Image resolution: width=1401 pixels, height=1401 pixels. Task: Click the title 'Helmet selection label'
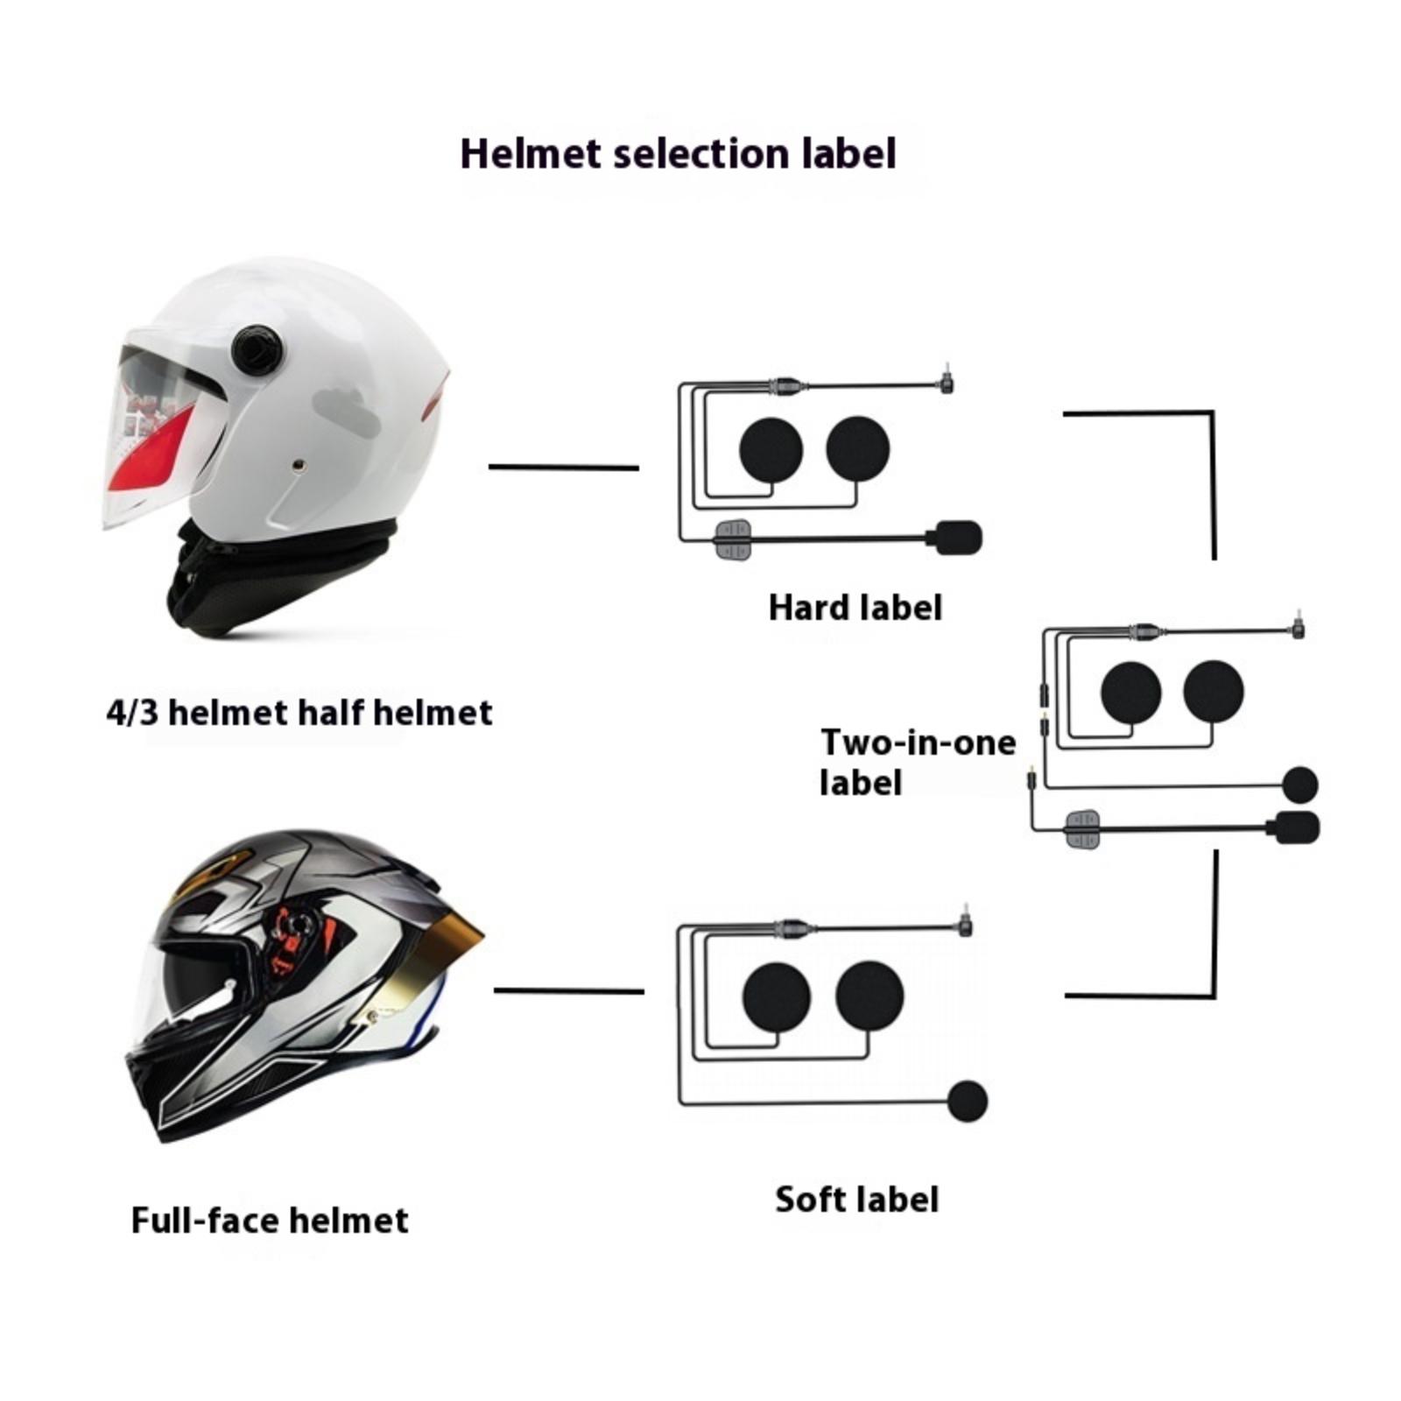coord(678,154)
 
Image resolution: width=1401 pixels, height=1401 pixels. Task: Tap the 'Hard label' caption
coord(855,608)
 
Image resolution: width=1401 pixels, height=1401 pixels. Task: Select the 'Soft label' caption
coord(856,1200)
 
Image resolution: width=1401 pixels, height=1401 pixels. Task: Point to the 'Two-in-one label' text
coord(917,762)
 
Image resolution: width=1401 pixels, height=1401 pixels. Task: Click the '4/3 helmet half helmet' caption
coord(299,713)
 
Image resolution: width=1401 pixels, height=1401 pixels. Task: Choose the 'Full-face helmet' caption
coord(270,1221)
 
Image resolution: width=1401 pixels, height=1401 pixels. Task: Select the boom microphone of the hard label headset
coord(959,538)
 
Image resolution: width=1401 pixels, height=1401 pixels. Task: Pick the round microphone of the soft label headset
coord(968,1102)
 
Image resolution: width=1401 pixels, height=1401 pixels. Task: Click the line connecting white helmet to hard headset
coord(563,468)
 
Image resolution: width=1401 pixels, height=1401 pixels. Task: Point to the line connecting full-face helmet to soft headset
coord(569,991)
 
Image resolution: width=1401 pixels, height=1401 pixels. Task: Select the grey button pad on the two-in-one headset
coord(1082,828)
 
